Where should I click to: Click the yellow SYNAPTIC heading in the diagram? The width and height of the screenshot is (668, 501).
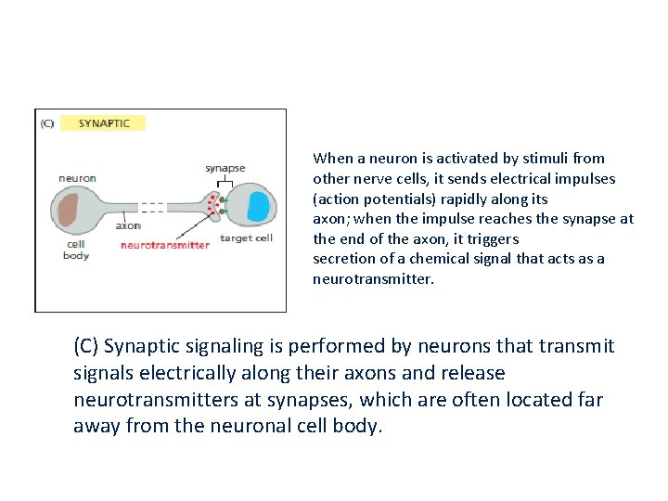pyautogui.click(x=103, y=122)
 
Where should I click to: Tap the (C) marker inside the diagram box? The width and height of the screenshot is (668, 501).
pyautogui.click(x=47, y=122)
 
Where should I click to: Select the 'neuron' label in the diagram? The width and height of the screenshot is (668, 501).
pyautogui.click(x=77, y=177)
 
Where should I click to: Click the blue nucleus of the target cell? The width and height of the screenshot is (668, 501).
pyautogui.click(x=258, y=206)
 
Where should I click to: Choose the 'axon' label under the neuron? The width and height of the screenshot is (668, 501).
pyautogui.click(x=128, y=225)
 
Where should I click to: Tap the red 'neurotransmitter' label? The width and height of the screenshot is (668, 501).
pyautogui.click(x=165, y=245)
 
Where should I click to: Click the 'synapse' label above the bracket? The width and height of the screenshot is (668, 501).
pyautogui.click(x=225, y=168)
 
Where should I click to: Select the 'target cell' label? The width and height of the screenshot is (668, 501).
pyautogui.click(x=246, y=238)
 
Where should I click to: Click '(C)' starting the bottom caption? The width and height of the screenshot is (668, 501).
pyautogui.click(x=86, y=346)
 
